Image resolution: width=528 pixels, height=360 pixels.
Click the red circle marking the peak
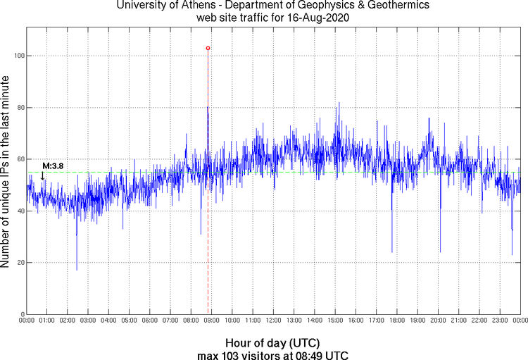pos(208,48)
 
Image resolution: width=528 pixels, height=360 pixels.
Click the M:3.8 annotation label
pos(53,166)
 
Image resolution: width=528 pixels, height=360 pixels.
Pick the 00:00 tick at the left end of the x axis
pos(27,321)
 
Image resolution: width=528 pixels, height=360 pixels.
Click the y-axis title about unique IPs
pos(6,173)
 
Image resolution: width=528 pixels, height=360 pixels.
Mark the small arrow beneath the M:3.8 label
pos(43,176)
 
